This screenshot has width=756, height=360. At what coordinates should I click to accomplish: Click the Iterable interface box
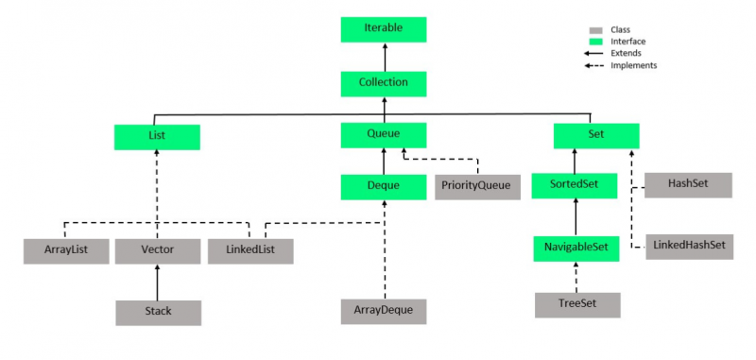point(384,28)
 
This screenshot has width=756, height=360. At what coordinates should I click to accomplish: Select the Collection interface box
point(384,82)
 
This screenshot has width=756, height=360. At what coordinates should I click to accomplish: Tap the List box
point(157,135)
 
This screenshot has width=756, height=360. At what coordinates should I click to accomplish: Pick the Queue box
point(384,135)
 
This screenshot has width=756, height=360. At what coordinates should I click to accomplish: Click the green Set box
point(595,135)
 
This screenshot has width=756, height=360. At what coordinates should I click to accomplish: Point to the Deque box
point(384,185)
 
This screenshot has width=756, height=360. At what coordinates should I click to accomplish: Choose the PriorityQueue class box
point(478,185)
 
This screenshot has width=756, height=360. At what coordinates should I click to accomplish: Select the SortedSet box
point(575,185)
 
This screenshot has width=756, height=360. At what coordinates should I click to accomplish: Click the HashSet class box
point(689,185)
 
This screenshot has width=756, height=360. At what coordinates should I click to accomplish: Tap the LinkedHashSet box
point(689,246)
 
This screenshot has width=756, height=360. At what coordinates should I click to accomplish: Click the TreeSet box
point(577,304)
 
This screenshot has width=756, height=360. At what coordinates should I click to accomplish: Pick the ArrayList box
point(66,250)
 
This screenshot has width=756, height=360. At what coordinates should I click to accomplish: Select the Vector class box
point(157,250)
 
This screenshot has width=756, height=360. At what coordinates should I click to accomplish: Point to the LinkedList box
point(250,250)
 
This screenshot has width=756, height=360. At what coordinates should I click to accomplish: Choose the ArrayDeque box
point(384,310)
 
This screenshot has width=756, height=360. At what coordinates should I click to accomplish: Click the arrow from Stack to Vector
point(157,282)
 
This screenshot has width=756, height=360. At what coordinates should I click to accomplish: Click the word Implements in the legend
point(633,65)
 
